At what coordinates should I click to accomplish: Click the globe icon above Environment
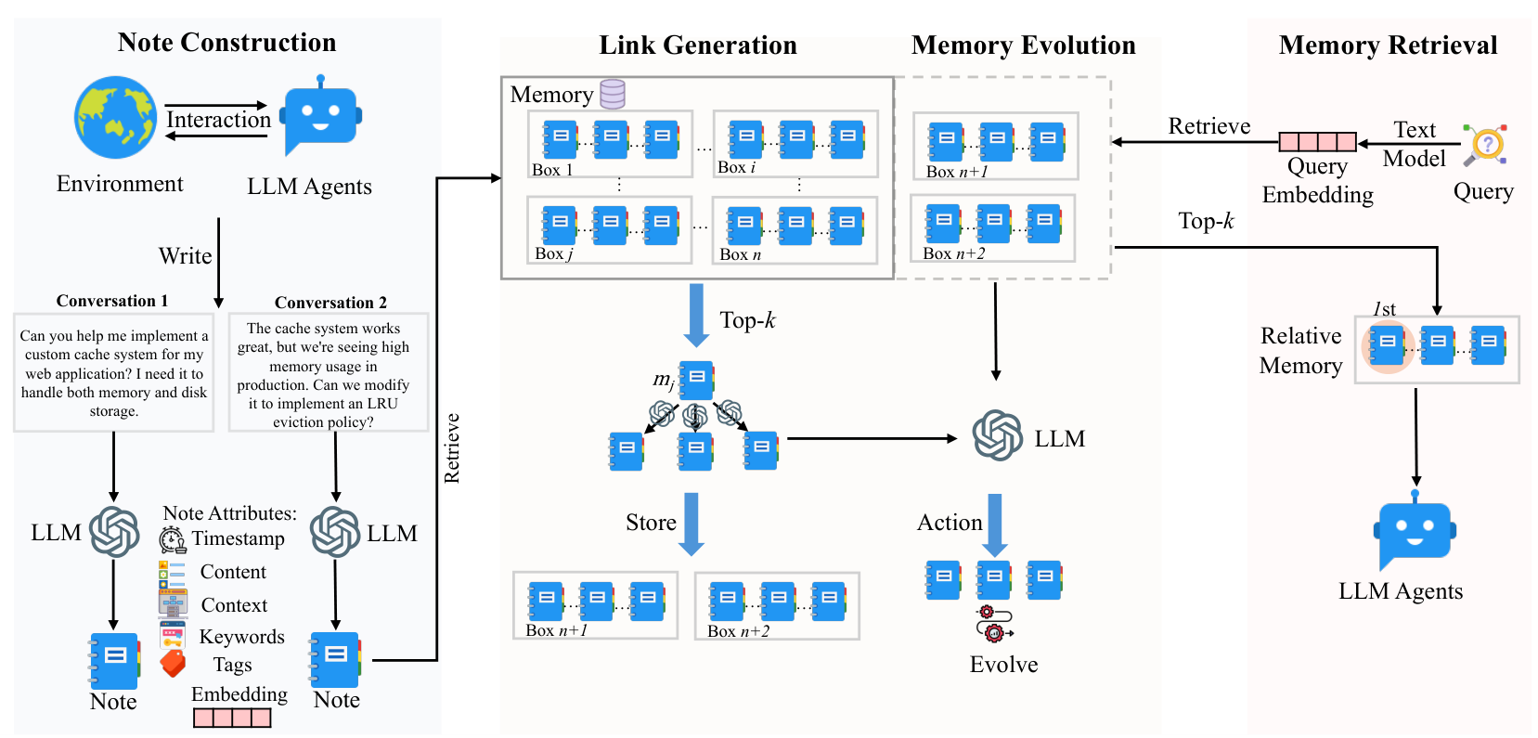pos(116,117)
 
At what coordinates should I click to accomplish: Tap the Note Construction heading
pos(226,43)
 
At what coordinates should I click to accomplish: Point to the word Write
pos(185,256)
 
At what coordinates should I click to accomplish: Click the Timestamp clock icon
pos(172,539)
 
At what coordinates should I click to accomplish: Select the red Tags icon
pos(173,664)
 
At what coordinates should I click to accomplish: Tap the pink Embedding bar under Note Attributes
pos(232,718)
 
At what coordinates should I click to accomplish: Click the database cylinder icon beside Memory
pos(613,94)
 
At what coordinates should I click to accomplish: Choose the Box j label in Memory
pos(553,253)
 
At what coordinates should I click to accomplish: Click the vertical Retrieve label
pos(452,447)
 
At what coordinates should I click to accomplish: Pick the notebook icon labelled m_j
pos(696,380)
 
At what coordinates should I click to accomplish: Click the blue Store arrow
pos(691,524)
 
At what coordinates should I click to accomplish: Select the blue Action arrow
pos(995,524)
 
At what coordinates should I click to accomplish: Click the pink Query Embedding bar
pos(1317,142)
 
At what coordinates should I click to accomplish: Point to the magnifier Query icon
pos(1486,145)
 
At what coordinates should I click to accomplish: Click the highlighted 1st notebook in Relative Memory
pos(1388,345)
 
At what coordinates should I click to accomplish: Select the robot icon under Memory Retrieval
pos(1415,532)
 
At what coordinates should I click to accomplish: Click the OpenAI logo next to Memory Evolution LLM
pos(998,435)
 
